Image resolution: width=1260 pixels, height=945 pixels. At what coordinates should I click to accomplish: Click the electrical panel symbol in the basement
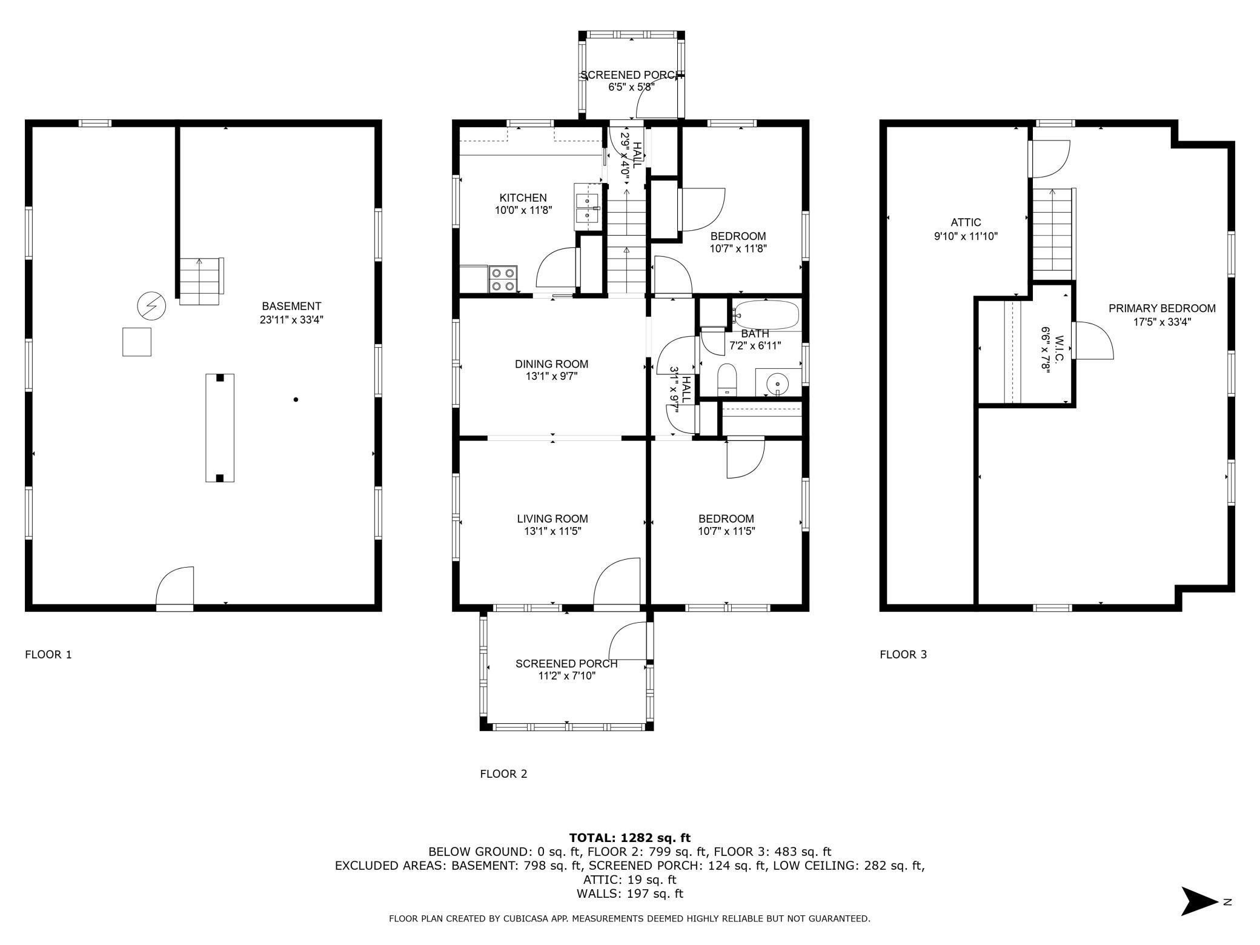coord(151,307)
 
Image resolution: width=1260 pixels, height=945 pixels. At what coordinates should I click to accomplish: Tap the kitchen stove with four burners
coord(503,280)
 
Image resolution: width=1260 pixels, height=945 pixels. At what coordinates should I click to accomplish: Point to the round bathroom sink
coord(777,383)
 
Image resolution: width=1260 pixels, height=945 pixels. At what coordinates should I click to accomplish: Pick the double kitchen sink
coord(586,207)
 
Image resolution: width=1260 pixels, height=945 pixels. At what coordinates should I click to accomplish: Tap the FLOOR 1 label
coord(48,654)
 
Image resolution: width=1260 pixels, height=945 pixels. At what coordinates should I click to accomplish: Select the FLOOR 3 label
coord(903,654)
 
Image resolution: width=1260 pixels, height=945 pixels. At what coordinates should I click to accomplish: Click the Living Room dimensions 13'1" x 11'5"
coord(552,531)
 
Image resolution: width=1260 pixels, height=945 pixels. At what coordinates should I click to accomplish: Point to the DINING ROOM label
coord(552,364)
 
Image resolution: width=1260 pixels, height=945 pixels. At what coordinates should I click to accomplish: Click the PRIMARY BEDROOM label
coord(1162,308)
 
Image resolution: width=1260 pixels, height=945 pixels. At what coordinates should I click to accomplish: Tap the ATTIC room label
coord(966,222)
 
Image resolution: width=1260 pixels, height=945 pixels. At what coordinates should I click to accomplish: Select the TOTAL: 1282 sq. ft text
coord(630,838)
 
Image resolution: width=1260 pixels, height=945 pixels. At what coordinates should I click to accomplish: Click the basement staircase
coord(200,282)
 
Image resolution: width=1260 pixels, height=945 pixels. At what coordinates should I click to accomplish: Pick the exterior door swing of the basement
coord(175,586)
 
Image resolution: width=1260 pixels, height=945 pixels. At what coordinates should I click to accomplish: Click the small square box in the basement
coord(137,342)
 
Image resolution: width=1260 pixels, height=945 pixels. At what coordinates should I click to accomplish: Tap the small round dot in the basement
coord(296,400)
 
